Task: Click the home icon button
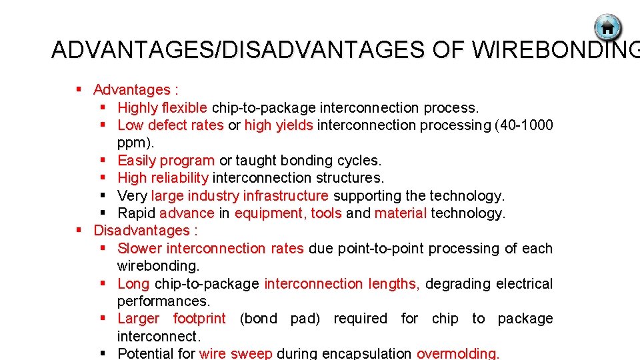coord(607,28)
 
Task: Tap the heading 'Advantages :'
coord(135,89)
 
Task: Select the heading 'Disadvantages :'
coord(145,231)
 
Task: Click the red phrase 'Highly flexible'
coord(163,107)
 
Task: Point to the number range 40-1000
coord(524,125)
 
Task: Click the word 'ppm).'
coord(135,142)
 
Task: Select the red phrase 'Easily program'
coord(166,160)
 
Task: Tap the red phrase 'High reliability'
coord(163,178)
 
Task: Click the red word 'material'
coord(400,213)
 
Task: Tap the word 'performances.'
coord(163,301)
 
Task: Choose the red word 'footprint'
coord(199,319)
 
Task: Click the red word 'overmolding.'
coord(457,353)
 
